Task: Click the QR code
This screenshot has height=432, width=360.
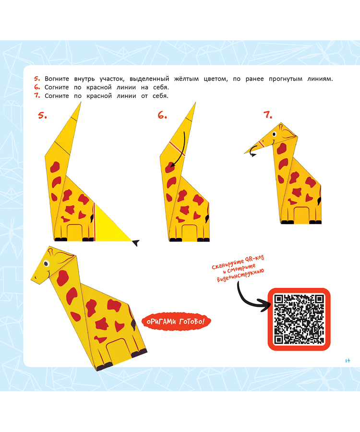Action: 299,319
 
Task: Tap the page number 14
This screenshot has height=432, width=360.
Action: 348,360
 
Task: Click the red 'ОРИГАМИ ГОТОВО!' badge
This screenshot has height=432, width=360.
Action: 176,322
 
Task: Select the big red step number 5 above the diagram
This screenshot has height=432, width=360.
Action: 42,115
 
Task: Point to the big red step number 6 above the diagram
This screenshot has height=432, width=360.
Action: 162,115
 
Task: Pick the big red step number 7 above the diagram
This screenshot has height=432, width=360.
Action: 268,115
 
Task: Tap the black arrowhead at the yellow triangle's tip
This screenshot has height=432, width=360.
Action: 136,243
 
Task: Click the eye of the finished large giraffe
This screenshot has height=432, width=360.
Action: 46,264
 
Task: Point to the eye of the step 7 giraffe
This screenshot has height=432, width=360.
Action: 274,134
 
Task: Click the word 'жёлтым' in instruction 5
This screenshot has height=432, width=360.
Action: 186,79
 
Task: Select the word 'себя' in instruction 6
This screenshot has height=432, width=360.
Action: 160,87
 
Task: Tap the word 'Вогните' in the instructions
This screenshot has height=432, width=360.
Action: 57,79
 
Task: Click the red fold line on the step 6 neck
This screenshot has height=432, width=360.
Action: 177,149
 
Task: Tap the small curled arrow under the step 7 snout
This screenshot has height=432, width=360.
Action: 253,154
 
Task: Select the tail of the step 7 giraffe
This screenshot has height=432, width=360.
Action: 320,201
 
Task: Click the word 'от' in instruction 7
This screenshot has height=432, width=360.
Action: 144,96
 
